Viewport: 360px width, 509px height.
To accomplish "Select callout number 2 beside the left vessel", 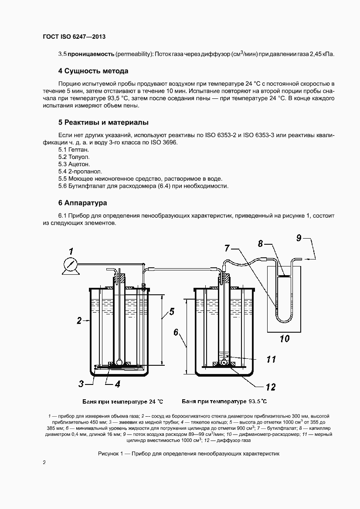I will tap(79, 321).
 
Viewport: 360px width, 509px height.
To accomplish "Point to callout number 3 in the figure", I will tap(81, 384).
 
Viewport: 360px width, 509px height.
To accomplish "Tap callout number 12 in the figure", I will tap(271, 386).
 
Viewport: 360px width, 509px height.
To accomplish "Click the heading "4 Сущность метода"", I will tap(93, 71).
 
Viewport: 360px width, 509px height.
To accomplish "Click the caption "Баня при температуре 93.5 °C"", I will tap(224, 401).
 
